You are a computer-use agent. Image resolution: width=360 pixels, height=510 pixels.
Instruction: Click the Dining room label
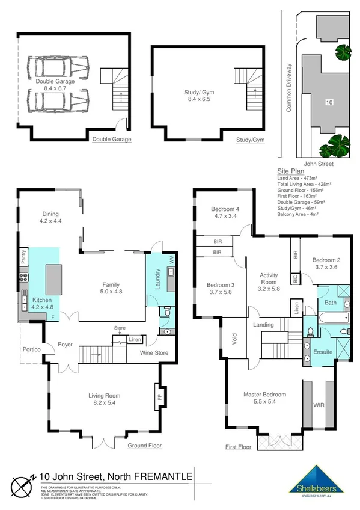tap(51, 217)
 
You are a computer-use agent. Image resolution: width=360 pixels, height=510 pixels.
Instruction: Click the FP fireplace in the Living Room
tap(160, 397)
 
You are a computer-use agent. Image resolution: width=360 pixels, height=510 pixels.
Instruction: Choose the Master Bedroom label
tap(264, 399)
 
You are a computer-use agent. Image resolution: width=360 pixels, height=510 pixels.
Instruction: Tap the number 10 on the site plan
tap(328, 103)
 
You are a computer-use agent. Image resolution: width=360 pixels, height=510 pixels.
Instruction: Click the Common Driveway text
tap(288, 88)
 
